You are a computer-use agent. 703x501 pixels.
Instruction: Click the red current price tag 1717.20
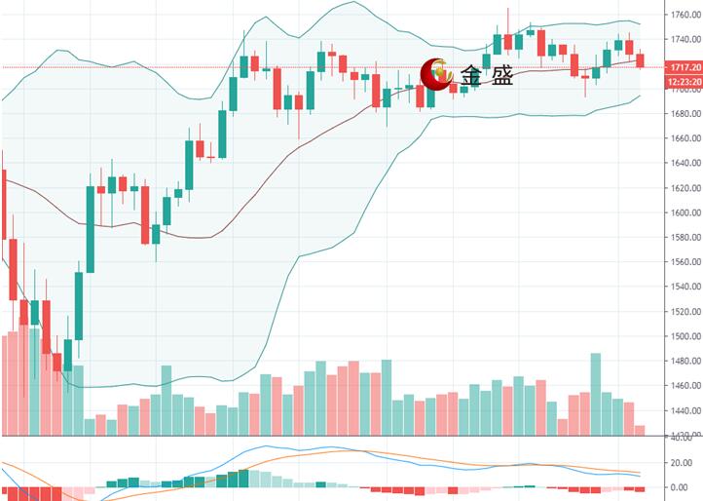(683, 67)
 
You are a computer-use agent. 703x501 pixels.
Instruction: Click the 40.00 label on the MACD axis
(679, 438)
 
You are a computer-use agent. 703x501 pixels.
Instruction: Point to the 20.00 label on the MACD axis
(679, 462)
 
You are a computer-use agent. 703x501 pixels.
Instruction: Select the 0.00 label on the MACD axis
(681, 486)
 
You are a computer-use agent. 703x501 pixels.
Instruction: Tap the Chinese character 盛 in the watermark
(501, 75)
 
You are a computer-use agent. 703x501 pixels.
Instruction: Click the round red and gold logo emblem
(435, 73)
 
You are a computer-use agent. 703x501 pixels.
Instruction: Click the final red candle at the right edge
(640, 60)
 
